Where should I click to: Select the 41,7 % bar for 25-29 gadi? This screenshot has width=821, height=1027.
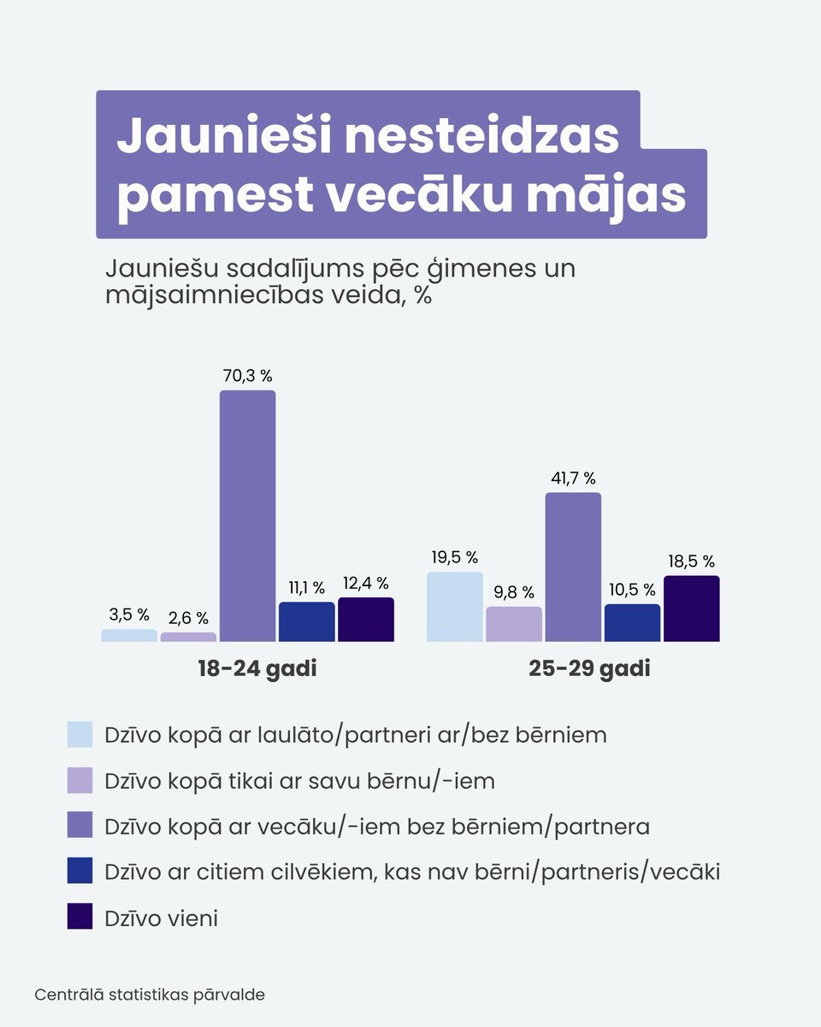573,567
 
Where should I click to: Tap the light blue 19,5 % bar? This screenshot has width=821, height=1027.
455,607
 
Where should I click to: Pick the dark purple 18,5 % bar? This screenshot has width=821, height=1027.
691,608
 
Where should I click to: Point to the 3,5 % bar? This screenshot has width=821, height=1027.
129,636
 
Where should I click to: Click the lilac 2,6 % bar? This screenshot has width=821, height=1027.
188,638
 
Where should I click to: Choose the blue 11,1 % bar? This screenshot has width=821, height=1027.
307,621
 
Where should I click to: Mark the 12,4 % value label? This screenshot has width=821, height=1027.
365,584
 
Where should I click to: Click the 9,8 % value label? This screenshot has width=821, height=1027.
513,592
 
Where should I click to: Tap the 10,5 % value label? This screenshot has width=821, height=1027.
632,590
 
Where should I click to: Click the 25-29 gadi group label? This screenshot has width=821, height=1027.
589,668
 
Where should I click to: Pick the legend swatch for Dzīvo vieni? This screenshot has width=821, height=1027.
80,917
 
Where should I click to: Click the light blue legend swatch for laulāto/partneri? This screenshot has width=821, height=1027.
80,734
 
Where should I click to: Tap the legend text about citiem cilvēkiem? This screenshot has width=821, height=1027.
411,872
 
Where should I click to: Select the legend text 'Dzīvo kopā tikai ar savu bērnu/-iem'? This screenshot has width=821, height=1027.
299,781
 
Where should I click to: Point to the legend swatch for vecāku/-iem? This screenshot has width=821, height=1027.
80,826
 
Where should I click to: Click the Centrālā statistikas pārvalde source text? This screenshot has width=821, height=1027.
150,995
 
